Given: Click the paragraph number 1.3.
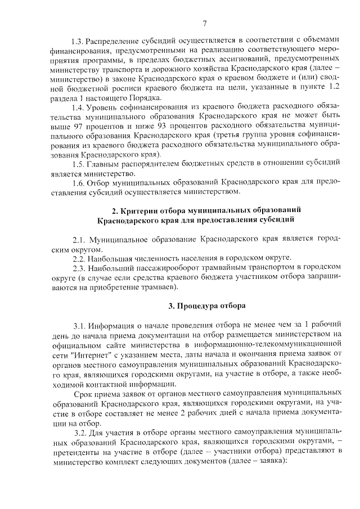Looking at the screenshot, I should click(x=76, y=40).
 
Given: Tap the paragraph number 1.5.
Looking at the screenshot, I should click(x=79, y=164).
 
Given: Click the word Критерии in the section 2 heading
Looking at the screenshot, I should click(x=138, y=210).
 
